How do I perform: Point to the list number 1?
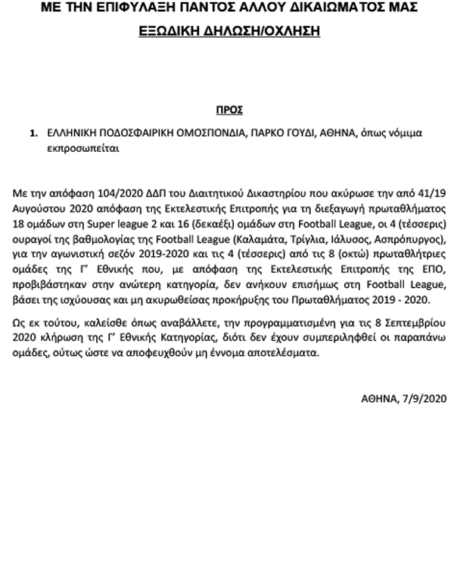[x=33, y=133]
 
